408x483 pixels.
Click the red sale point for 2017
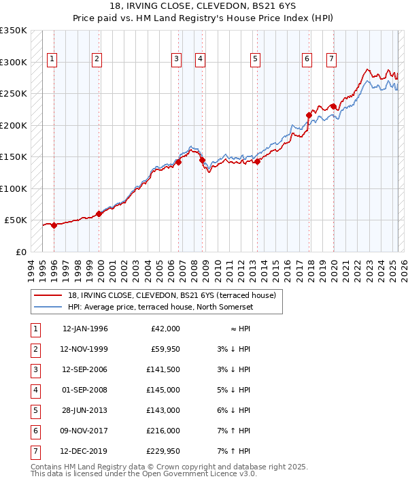(x=309, y=116)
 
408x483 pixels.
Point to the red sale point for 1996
(x=54, y=226)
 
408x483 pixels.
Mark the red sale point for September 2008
(x=202, y=160)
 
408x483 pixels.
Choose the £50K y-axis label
(x=16, y=220)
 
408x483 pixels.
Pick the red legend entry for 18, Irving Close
(x=171, y=295)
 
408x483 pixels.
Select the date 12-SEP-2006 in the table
(x=85, y=369)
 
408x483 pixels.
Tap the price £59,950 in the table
(x=165, y=350)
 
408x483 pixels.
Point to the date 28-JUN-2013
(x=85, y=410)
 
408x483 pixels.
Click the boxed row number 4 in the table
(x=34, y=390)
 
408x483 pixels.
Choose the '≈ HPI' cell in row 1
(x=239, y=329)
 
